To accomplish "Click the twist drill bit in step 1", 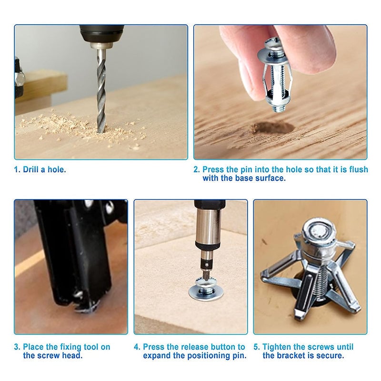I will (101, 95).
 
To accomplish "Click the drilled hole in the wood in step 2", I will (272, 128).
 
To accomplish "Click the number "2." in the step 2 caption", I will (197, 170).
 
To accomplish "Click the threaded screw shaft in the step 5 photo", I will (315, 281).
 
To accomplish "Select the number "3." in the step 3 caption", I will (17, 347).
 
